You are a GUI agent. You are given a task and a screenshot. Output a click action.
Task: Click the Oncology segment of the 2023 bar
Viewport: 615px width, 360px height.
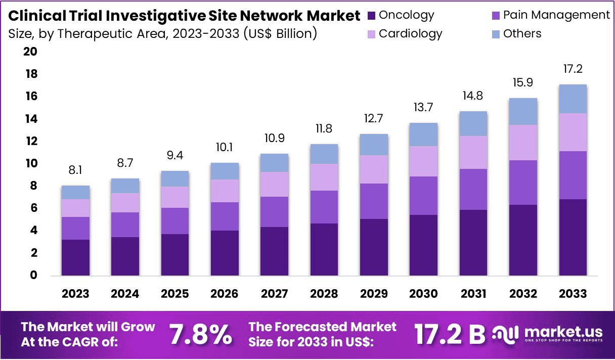(75, 257)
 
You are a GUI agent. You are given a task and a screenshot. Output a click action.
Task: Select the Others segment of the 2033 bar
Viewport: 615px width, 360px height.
(573, 99)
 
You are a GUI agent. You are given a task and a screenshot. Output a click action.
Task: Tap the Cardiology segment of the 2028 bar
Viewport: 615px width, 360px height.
(324, 177)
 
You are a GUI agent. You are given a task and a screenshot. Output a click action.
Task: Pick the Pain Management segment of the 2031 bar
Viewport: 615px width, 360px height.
(473, 189)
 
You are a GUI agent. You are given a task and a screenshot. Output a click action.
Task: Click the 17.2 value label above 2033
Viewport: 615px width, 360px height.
(573, 69)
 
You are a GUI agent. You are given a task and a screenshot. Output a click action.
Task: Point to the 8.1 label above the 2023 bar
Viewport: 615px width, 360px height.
(75, 170)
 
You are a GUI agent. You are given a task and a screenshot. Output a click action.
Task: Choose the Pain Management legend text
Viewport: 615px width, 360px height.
(556, 15)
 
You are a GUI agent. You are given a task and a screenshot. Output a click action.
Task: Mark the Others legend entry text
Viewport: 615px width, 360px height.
(522, 34)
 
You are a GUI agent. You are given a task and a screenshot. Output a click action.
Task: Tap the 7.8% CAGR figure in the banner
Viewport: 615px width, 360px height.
(200, 334)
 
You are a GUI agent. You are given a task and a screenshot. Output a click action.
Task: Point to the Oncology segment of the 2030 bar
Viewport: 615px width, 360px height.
(424, 245)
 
